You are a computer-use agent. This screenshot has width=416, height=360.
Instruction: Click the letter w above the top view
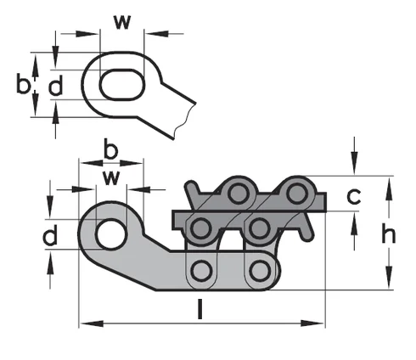(122, 20)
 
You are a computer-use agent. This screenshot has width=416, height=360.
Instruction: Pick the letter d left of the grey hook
(51, 234)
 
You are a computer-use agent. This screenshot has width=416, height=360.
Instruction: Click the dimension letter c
(357, 197)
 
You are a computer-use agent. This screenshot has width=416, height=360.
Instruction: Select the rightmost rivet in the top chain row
(295, 192)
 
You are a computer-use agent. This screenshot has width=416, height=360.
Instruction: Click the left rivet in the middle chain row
(202, 227)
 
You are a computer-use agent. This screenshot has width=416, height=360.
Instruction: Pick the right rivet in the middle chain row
(259, 227)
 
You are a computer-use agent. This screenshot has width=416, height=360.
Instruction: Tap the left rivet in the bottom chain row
(202, 271)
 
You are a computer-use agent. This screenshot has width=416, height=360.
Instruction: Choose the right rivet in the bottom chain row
(259, 271)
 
